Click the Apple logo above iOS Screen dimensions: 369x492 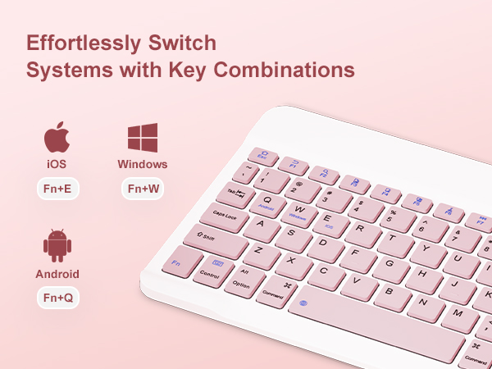tap(56, 138)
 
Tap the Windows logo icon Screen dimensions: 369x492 tap(142, 138)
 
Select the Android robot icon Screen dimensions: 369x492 tap(57, 245)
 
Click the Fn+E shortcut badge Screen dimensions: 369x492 tap(57, 189)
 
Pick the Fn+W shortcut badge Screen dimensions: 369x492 tap(143, 189)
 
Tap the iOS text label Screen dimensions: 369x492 tap(57, 164)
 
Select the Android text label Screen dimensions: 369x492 tap(57, 273)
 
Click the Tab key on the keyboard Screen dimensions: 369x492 tap(236, 194)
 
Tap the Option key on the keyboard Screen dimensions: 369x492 tap(242, 284)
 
